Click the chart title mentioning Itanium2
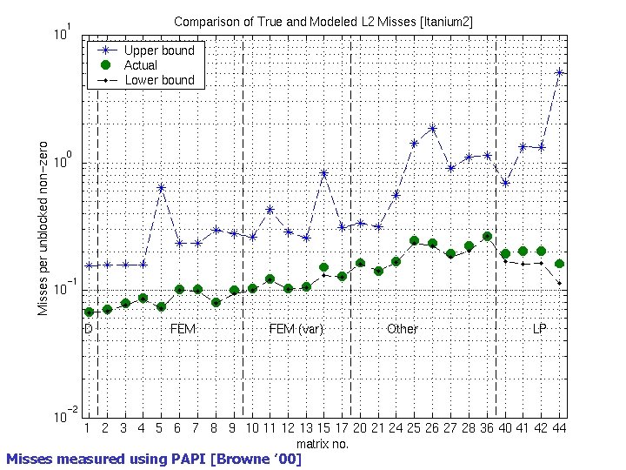323,21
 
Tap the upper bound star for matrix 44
560,72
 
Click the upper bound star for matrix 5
161,187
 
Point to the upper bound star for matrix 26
432,128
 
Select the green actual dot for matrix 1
89,312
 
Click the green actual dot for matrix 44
560,264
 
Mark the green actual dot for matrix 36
487,236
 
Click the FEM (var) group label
296,329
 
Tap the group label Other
402,329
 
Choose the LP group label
539,329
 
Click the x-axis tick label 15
323,428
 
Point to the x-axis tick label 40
505,428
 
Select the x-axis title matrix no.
323,443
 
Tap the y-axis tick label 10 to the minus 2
63,416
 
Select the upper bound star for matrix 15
324,173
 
